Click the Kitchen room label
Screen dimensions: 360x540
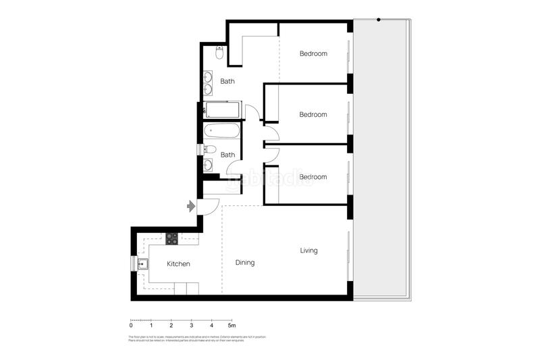178,264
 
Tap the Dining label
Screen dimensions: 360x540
245,263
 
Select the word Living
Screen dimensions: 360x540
308,251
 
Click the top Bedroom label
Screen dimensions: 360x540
313,54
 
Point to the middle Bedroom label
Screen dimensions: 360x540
313,115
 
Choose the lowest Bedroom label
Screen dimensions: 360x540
313,177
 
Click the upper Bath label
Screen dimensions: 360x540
227,82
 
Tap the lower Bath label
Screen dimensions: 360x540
228,155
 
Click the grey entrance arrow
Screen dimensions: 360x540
191,205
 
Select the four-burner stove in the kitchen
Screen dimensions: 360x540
172,238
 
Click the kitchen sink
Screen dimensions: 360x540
143,263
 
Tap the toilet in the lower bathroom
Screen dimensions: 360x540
209,149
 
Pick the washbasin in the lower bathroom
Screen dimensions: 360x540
208,164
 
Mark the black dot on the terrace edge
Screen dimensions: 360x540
379,20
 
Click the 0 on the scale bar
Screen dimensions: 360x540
131,326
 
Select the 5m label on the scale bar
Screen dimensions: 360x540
232,326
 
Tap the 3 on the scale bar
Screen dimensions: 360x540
191,326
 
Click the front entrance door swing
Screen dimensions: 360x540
209,204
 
